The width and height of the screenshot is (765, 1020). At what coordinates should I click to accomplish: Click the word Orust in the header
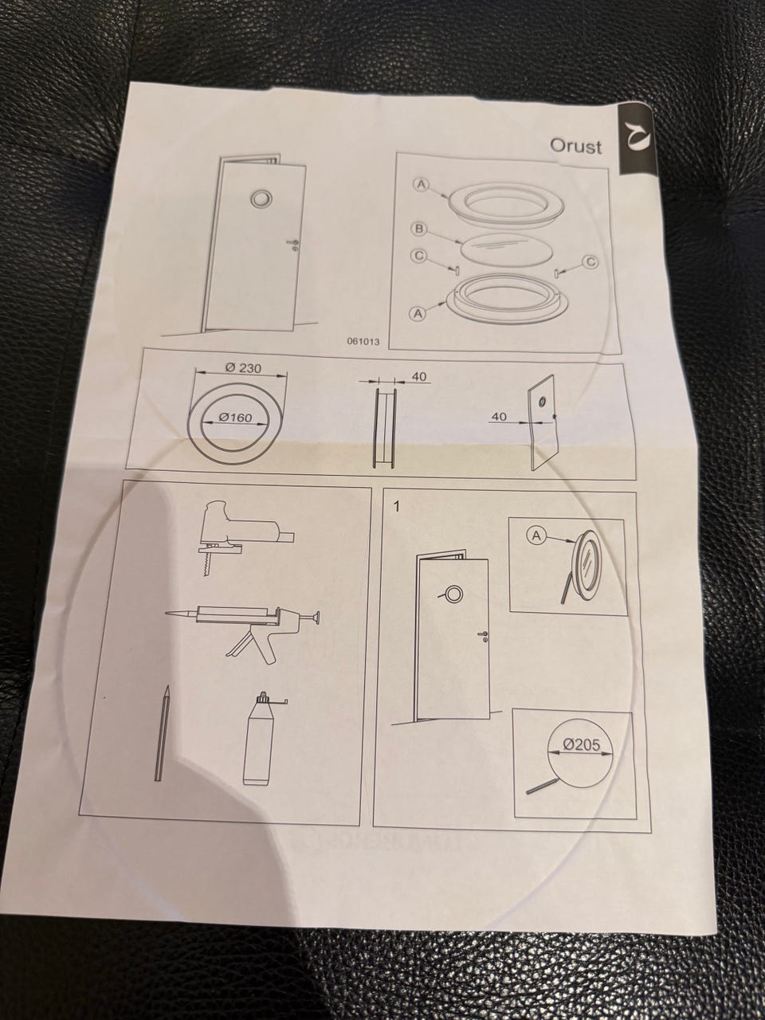tap(575, 146)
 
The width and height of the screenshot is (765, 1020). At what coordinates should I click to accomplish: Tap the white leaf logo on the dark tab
tap(637, 139)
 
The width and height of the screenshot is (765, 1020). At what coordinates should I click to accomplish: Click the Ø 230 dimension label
tap(243, 368)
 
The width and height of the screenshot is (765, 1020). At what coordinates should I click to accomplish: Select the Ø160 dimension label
tap(235, 418)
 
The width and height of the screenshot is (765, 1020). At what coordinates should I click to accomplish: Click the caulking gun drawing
tap(242, 624)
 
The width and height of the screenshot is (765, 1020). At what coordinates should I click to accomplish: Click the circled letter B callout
tap(418, 229)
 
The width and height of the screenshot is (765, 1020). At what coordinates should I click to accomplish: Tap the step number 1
tap(396, 508)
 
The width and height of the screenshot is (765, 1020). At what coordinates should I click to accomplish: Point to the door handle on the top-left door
tap(292, 244)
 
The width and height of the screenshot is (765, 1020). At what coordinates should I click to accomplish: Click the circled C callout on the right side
tap(590, 262)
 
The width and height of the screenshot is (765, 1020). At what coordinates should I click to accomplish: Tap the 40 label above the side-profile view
tap(419, 377)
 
